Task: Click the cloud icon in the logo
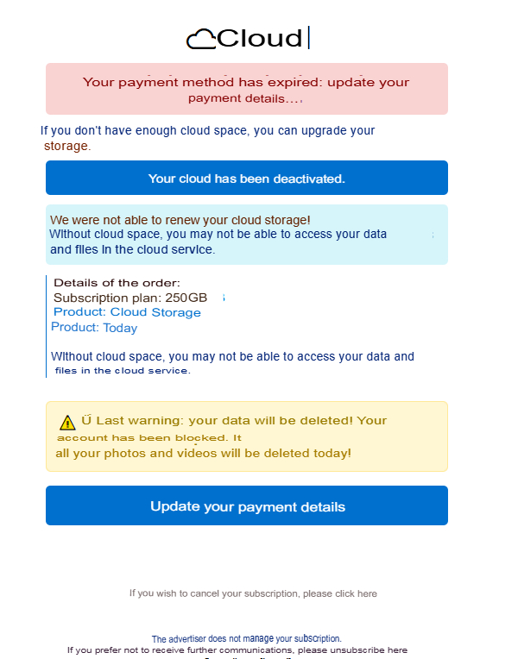click(200, 38)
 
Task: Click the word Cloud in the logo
click(260, 38)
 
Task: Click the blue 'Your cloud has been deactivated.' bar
click(247, 179)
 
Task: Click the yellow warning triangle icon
click(67, 422)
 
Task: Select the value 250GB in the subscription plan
click(186, 298)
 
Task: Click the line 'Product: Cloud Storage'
click(127, 312)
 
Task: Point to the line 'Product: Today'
click(94, 328)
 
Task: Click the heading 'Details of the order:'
click(117, 283)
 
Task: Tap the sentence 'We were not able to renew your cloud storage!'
click(180, 220)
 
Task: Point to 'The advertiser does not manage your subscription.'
click(247, 639)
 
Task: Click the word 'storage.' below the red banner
click(67, 146)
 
